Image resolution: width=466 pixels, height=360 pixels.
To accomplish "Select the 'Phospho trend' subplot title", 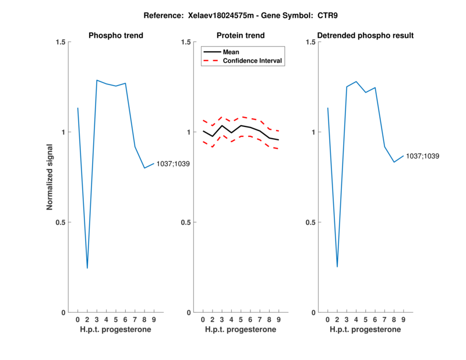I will (116, 36).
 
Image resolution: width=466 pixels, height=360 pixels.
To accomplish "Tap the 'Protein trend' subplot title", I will (241, 36).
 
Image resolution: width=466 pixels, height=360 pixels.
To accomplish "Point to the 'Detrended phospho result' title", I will (365, 36).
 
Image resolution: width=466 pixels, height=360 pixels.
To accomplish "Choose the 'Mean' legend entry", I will (231, 52).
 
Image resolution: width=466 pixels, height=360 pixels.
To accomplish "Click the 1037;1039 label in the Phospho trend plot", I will (173, 164).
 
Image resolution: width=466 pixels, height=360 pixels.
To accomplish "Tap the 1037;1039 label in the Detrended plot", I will (422, 156).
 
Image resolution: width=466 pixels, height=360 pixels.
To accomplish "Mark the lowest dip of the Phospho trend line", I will (87, 268).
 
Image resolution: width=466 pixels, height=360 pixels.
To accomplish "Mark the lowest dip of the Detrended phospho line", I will (337, 267).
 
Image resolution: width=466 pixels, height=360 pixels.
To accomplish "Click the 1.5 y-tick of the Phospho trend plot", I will (61, 42).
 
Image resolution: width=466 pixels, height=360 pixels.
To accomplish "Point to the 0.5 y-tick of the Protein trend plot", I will (186, 223).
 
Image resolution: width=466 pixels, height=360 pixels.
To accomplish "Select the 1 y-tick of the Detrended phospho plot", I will (313, 132).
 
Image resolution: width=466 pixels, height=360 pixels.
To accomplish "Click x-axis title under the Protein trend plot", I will (241, 330).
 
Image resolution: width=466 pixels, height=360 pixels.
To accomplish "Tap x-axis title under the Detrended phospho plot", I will (365, 330).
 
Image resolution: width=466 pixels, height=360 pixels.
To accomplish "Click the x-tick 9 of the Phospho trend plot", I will (154, 319).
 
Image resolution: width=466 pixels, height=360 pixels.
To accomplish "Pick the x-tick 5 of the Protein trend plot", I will (241, 319).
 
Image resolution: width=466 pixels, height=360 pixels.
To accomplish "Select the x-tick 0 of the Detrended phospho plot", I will (327, 319).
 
